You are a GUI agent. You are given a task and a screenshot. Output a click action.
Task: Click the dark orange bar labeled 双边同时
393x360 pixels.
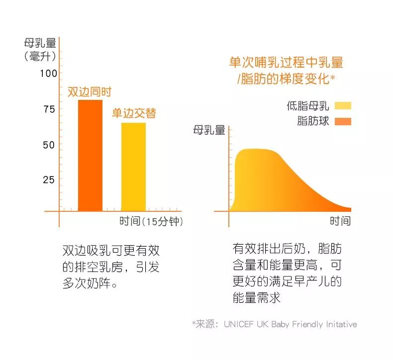90,155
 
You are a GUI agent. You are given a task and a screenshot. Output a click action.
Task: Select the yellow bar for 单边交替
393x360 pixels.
133,167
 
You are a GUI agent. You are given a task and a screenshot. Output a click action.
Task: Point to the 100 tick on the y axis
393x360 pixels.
49,74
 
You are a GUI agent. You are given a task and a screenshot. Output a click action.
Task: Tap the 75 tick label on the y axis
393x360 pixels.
49,109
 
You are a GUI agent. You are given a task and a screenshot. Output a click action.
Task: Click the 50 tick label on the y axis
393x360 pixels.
49,145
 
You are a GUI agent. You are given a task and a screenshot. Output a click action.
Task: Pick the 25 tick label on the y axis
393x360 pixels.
49,180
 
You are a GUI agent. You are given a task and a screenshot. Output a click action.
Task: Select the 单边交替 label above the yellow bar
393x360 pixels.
133,113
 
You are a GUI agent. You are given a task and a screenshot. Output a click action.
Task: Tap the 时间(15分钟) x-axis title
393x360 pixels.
151,221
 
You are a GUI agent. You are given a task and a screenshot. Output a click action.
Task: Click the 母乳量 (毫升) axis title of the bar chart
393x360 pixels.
40,49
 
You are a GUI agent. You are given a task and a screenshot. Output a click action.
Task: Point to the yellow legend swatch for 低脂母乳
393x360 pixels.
343,105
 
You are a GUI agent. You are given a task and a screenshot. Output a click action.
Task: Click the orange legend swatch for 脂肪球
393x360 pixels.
343,121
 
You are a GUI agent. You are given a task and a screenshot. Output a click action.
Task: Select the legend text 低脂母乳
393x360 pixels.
308,105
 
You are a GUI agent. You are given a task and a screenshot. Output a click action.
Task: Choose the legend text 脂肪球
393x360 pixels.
313,121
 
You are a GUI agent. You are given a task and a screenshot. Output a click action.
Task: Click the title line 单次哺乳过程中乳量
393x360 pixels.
286,63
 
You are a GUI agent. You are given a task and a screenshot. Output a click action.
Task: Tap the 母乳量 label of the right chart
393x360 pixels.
209,131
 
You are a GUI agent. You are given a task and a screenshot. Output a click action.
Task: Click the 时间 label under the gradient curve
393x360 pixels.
340,221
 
